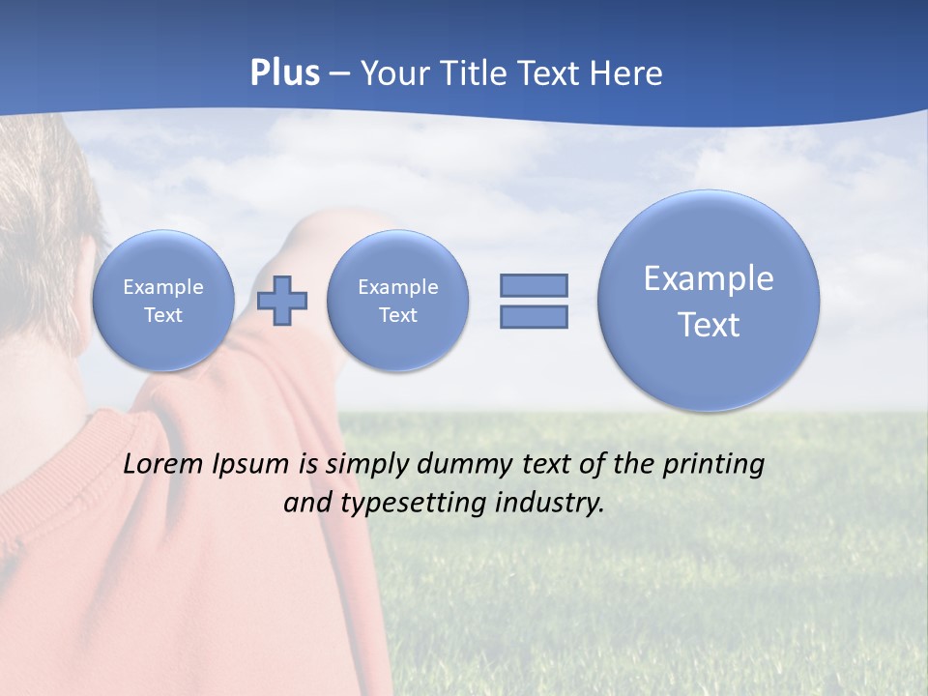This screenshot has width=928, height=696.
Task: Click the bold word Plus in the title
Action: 284,73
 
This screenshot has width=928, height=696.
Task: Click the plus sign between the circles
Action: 282,300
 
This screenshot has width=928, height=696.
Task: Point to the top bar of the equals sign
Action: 534,285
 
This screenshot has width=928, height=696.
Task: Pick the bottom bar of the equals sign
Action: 534,317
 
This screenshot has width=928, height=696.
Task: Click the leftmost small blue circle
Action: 163,300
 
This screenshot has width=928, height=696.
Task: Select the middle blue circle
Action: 397,300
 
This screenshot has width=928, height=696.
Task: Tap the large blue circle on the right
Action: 709,300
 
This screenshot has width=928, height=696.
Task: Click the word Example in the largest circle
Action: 709,278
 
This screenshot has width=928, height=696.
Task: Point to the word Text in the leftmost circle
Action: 163,315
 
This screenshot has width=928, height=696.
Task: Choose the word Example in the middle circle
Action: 397,287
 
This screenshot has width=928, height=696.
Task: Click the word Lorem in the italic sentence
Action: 162,464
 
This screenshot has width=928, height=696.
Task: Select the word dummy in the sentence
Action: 460,464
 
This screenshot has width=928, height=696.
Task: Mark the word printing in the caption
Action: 713,465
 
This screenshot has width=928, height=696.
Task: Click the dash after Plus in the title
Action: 339,74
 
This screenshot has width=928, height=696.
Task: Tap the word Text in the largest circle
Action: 709,325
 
